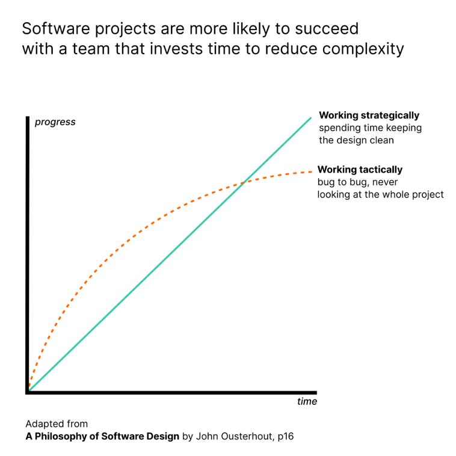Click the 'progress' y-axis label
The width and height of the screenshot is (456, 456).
[x=55, y=122]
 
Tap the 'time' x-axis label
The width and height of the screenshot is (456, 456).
[x=306, y=401]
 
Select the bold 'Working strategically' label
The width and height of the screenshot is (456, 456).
[x=369, y=116]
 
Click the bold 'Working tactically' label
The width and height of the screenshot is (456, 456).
[x=360, y=170]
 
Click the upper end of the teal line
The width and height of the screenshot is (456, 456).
[x=311, y=117]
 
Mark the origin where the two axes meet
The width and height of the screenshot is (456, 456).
[x=28, y=392]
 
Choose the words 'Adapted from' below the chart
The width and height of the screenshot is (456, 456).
[x=56, y=424]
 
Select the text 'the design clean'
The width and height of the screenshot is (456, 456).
[x=356, y=140]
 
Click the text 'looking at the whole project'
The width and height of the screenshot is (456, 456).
[x=380, y=194]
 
